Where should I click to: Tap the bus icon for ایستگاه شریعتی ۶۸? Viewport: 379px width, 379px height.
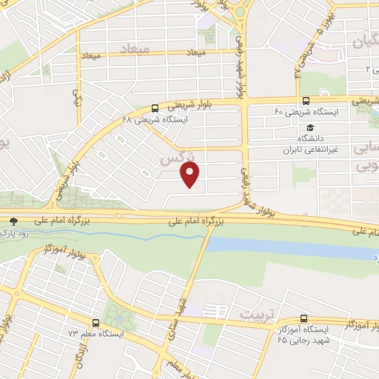[154, 107]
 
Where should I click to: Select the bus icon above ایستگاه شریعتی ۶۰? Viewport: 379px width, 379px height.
[306, 101]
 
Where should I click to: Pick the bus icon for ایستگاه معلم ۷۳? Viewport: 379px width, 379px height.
[95, 323]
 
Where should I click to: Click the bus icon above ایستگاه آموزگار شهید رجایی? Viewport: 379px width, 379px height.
[304, 318]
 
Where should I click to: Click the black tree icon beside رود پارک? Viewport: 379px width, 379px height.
[13, 221]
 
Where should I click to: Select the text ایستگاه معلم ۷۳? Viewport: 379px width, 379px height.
[95, 335]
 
